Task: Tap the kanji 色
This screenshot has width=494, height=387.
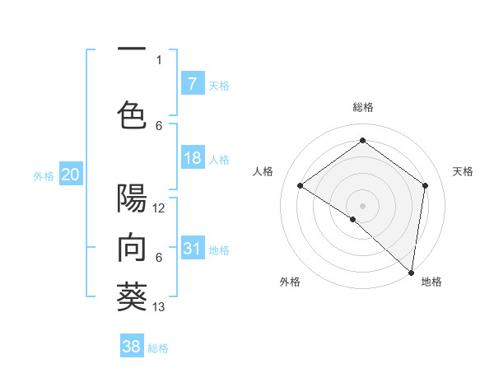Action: (132, 115)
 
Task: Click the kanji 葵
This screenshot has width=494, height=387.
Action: (132, 297)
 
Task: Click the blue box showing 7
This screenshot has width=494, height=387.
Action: (192, 84)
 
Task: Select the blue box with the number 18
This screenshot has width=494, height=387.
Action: (192, 158)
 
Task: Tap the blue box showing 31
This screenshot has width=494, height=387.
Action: (192, 249)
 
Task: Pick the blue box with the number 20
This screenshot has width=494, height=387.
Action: (70, 175)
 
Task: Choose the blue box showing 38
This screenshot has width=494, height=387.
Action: (132, 347)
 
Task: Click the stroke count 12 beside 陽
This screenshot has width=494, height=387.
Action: (159, 208)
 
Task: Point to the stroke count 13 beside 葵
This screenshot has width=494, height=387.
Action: (159, 307)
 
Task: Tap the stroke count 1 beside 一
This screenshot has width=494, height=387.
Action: (159, 59)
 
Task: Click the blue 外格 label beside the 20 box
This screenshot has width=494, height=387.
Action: (44, 175)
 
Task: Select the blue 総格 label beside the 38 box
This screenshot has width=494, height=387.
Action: (158, 348)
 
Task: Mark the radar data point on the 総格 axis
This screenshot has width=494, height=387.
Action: (362, 141)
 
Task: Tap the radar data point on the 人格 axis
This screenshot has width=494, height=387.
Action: (301, 185)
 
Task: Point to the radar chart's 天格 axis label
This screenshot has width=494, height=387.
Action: (463, 171)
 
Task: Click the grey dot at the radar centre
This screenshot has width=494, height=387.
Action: (362, 205)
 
